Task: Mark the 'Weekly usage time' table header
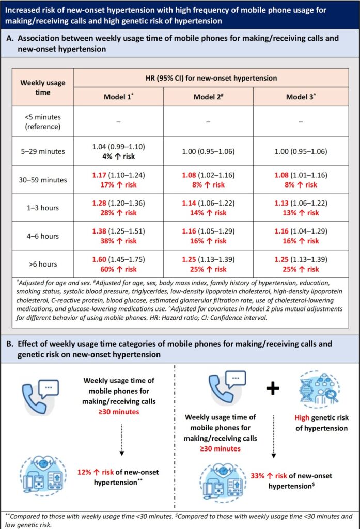pos(41,87)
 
